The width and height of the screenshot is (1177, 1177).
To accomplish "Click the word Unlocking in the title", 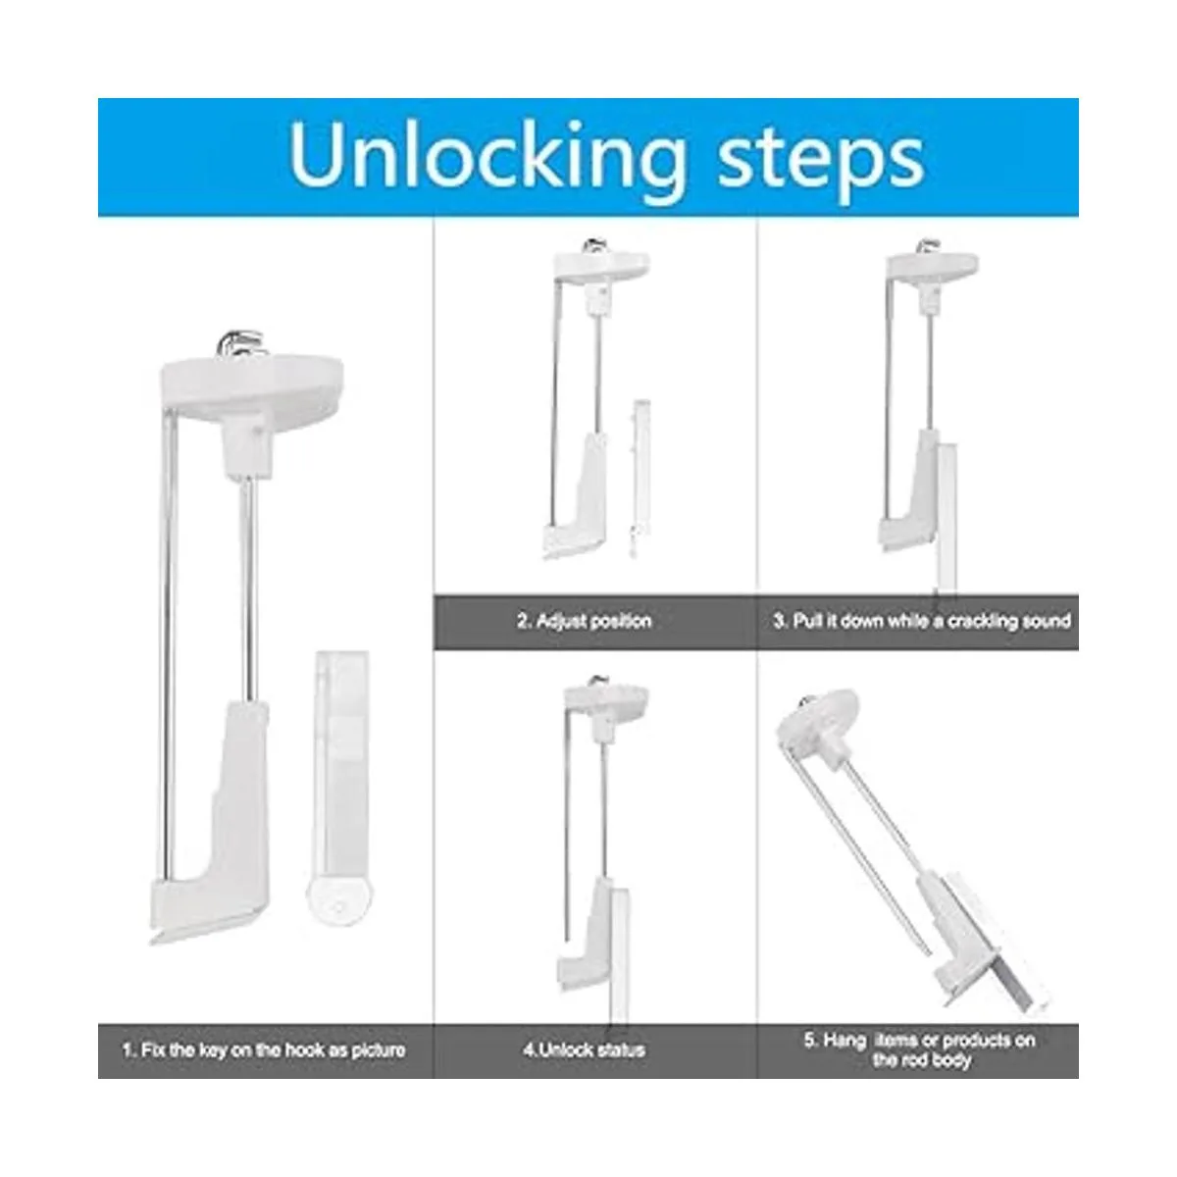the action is (x=487, y=159).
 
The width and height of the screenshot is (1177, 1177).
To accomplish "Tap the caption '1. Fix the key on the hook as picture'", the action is (x=264, y=1049).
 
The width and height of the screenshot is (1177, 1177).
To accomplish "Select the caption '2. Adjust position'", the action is (x=585, y=621).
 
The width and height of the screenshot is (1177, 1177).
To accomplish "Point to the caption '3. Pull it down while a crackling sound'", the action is (x=922, y=621).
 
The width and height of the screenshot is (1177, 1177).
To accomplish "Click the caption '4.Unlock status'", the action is (x=584, y=1049).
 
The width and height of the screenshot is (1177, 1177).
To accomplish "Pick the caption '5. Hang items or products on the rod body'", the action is (x=920, y=1049).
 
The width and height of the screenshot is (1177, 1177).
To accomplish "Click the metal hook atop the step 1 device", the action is (x=240, y=344).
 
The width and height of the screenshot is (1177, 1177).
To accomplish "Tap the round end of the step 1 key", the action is (x=339, y=900).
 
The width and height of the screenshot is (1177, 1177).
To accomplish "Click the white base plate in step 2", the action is (x=601, y=267).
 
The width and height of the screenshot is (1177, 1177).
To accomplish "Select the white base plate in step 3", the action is (x=933, y=269).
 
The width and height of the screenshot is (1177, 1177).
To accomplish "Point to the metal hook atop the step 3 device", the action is (x=928, y=247).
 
